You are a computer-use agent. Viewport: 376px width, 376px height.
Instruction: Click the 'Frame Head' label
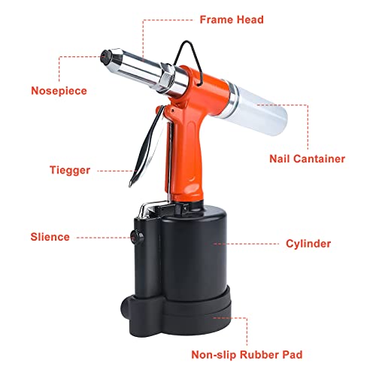point(231,19)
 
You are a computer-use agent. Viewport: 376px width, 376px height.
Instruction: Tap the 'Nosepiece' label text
point(59,91)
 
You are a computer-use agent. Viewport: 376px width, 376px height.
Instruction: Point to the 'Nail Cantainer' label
point(308,159)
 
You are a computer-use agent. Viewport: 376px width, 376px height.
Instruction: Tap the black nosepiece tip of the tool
point(106,55)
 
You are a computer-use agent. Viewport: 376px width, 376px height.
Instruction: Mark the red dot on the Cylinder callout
point(215,243)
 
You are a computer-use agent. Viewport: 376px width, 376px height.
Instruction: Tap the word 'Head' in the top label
point(249,19)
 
